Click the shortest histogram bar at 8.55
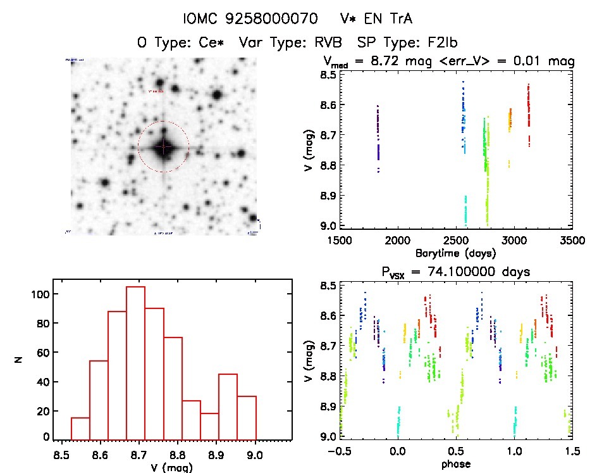(80, 428)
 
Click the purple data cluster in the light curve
(378, 136)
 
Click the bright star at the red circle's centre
(163, 147)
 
